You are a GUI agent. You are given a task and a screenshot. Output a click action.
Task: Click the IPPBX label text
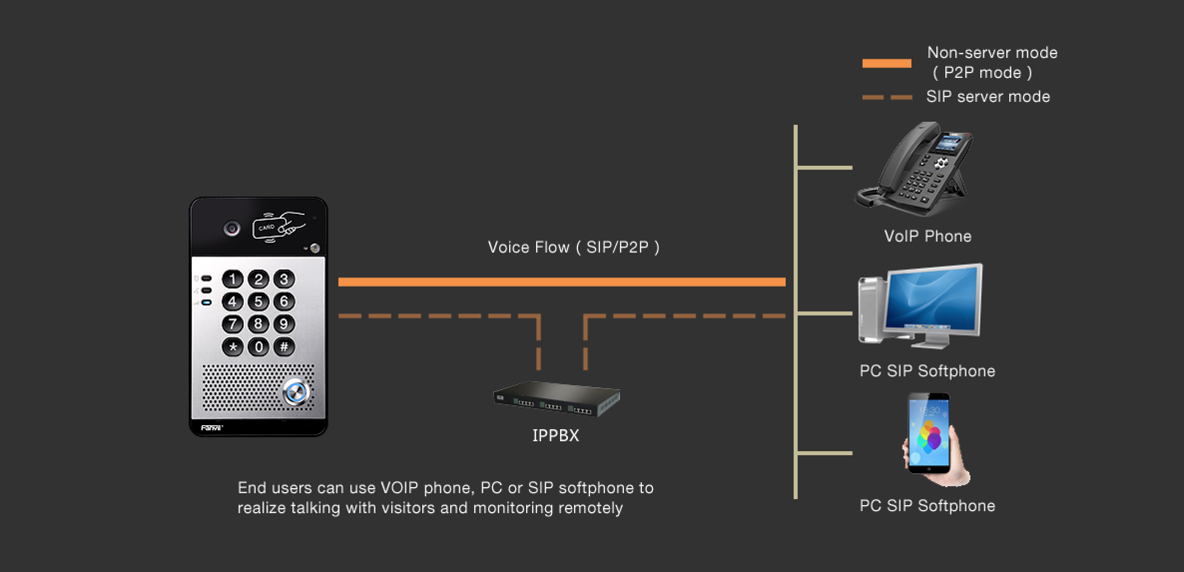point(556,436)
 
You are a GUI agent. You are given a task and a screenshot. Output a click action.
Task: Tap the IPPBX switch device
point(557,399)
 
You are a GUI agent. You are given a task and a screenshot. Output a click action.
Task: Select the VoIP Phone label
point(927,236)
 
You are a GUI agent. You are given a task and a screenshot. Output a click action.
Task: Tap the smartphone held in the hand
point(928,432)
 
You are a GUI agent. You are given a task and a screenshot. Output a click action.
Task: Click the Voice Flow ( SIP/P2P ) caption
point(574,247)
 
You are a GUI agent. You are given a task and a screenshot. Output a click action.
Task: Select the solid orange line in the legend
point(887,63)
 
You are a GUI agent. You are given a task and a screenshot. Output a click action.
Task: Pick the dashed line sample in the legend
point(887,97)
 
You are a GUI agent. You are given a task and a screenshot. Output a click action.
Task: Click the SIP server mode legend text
point(988,97)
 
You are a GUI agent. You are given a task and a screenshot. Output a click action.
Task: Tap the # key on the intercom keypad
point(284,346)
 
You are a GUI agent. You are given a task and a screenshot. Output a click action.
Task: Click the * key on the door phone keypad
point(233,347)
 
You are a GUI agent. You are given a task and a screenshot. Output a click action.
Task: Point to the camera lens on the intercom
point(232,229)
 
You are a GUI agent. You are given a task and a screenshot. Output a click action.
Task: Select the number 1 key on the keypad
point(233,279)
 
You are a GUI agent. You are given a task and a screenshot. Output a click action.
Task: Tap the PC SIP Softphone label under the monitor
point(927,371)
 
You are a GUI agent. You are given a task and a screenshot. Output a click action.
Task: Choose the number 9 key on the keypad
point(284,324)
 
